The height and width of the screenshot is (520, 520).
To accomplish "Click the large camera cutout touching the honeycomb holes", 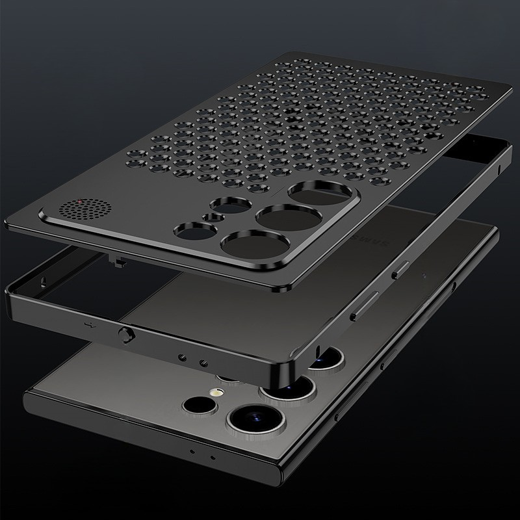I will coord(311,193).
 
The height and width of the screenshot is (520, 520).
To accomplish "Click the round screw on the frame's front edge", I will coord(122,333).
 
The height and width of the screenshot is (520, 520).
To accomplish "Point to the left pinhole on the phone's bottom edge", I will coord(192,450).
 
